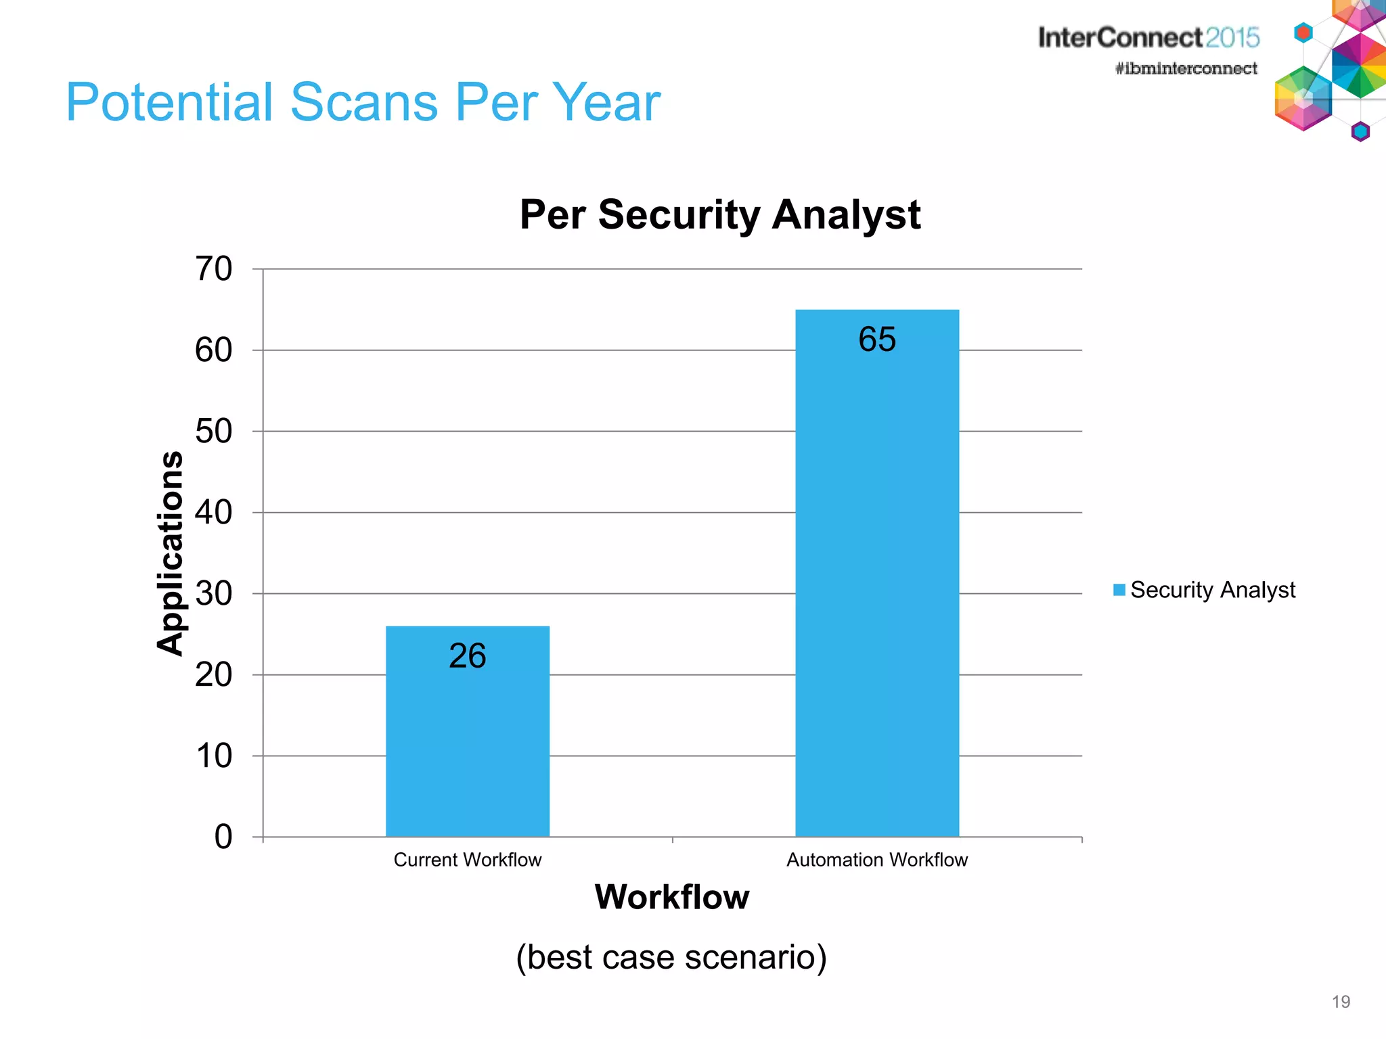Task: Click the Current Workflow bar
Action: pyautogui.click(x=468, y=744)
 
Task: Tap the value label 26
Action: pyautogui.click(x=468, y=656)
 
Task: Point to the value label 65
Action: pyautogui.click(x=877, y=339)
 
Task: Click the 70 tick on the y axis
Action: pyautogui.click(x=214, y=269)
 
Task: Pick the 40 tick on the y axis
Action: pyautogui.click(x=214, y=513)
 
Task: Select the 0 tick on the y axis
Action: pyautogui.click(x=223, y=837)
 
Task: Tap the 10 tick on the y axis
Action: pyautogui.click(x=214, y=756)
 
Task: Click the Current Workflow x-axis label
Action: pyautogui.click(x=468, y=860)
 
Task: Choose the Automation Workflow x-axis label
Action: pyautogui.click(x=877, y=860)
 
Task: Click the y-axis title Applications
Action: pyautogui.click(x=171, y=553)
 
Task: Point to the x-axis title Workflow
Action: pyautogui.click(x=672, y=897)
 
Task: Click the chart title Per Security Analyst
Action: pyautogui.click(x=720, y=214)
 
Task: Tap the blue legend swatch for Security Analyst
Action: pyautogui.click(x=1119, y=590)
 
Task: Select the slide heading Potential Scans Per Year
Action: pyautogui.click(x=363, y=102)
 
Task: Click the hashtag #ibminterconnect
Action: pyautogui.click(x=1186, y=68)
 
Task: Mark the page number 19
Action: pyautogui.click(x=1341, y=1002)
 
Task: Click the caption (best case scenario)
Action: pyautogui.click(x=671, y=957)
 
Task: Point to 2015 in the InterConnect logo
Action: pyautogui.click(x=1232, y=37)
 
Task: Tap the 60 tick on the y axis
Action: pyautogui.click(x=214, y=350)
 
